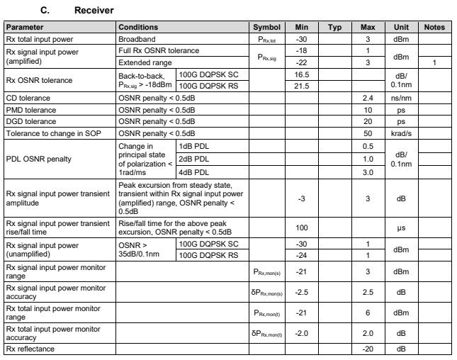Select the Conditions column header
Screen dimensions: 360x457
click(138, 27)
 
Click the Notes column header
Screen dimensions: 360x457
click(434, 27)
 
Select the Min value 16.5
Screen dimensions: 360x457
click(300, 73)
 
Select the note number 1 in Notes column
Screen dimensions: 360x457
click(434, 62)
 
